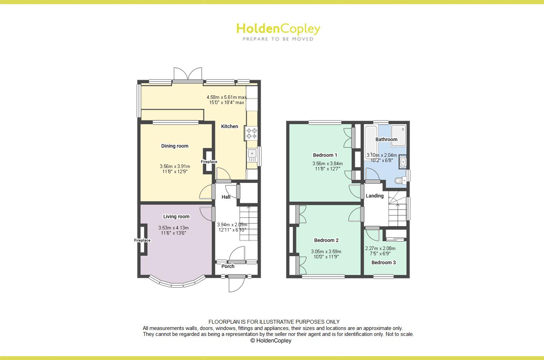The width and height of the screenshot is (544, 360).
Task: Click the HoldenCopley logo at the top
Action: click(278, 29)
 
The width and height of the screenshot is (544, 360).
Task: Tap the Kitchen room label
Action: click(230, 126)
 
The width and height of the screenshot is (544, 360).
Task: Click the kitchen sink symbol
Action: click(252, 154)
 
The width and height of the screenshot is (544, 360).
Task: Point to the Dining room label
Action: click(175, 146)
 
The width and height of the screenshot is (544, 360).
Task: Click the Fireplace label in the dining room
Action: click(209, 162)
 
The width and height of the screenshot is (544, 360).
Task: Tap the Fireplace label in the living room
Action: click(143, 240)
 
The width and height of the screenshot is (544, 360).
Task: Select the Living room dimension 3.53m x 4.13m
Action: click(173, 228)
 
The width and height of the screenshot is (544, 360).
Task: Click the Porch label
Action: click(228, 266)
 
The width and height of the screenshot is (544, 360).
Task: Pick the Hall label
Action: click(226, 197)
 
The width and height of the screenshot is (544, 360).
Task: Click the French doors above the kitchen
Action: click(188, 74)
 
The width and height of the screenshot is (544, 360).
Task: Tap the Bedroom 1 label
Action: click(325, 155)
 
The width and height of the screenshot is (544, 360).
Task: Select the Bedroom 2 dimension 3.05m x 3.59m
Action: click(326, 251)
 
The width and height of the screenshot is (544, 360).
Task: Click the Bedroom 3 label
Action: click(384, 263)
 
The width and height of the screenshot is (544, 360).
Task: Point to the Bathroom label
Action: click(386, 139)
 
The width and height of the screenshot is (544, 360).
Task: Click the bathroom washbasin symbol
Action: click(403, 162)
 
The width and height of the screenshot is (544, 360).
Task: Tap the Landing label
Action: click(375, 196)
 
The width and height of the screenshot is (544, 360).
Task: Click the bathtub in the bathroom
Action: click(370, 138)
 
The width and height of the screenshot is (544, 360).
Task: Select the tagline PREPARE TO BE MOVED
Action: click(278, 39)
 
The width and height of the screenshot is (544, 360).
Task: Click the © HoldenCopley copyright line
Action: click(271, 340)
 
